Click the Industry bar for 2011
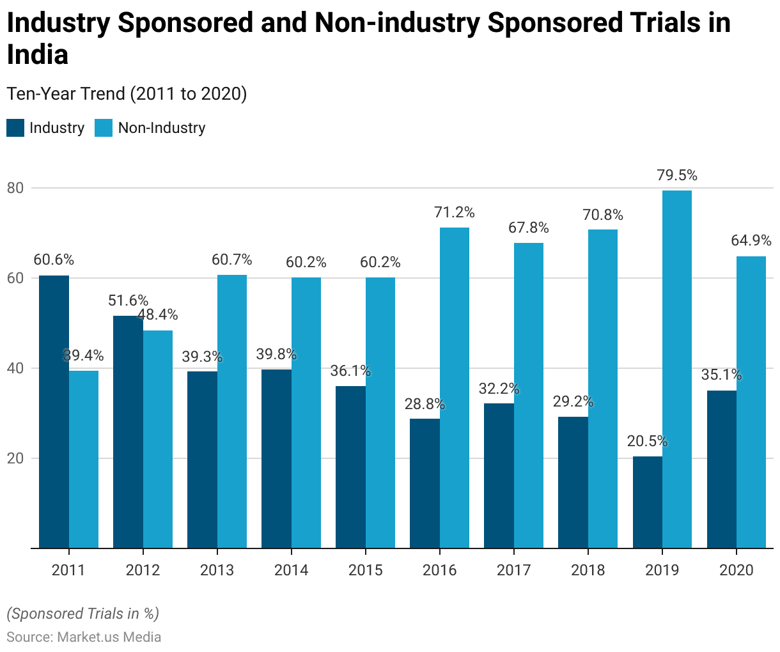[54, 412]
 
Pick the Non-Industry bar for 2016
[455, 388]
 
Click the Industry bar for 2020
[721, 469]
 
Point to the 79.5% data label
[677, 175]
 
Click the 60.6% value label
[54, 260]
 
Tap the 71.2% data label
[455, 212]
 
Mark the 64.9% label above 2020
[751, 241]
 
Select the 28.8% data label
[425, 404]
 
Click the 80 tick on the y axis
[15, 188]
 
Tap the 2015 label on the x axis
[365, 570]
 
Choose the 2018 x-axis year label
[588, 570]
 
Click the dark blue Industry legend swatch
[15, 128]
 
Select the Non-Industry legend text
[162, 128]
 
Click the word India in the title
[38, 55]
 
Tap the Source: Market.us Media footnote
[84, 637]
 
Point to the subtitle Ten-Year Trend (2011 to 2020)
[127, 94]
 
